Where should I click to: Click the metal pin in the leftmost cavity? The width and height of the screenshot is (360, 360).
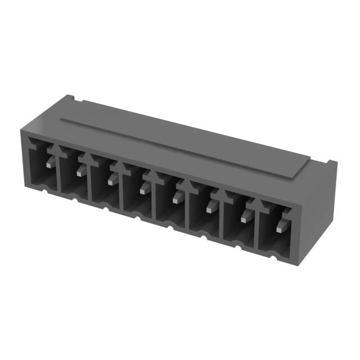tap(49, 164)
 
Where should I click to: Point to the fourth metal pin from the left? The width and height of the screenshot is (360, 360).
tap(143, 190)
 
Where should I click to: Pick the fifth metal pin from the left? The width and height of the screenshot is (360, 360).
tap(177, 197)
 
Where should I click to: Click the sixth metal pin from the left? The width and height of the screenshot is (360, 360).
tap(210, 208)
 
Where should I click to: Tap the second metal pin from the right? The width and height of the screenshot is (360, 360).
tap(245, 218)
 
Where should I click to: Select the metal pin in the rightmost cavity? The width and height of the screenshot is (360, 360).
tap(280, 228)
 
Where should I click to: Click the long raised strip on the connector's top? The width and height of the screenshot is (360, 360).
tap(186, 143)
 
